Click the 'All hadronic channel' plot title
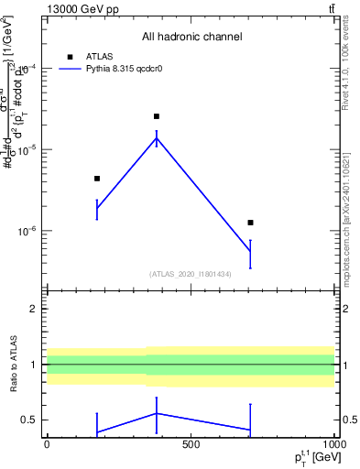tap(191, 37)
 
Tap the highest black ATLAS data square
tap(157, 116)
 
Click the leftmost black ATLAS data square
tap(97, 179)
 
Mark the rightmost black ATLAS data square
tap(250, 223)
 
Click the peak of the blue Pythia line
tap(157, 137)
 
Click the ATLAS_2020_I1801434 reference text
tap(191, 274)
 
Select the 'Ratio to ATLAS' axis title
tap(13, 365)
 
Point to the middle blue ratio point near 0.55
tap(157, 413)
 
